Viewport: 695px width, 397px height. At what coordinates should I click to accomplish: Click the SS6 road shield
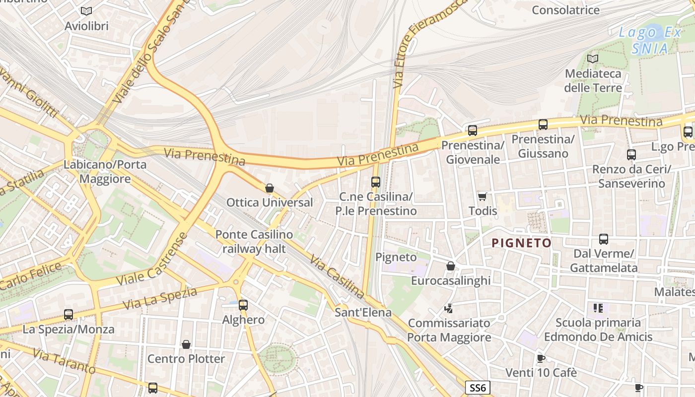coord(478,388)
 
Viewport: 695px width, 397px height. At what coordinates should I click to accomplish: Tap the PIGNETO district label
coord(521,243)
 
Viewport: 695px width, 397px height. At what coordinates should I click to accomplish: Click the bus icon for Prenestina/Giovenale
coord(472,131)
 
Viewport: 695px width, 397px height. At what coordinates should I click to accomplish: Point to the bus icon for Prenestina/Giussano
coord(543,125)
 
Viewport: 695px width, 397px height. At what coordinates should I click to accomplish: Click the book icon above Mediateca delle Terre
coord(592,59)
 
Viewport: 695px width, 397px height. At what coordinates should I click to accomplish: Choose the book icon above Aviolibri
coord(86,11)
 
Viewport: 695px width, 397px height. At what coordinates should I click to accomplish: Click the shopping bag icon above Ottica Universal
coord(270,188)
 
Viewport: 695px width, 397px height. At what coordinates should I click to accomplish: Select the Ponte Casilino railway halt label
coord(254,241)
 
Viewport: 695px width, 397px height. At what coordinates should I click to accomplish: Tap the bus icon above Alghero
coord(243,305)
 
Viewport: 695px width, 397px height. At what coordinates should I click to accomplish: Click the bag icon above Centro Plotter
coord(186,344)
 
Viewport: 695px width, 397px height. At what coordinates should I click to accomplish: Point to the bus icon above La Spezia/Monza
coord(69,314)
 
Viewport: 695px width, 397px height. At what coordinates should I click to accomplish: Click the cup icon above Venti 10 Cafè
coord(541,358)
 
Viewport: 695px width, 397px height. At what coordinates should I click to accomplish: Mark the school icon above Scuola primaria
coord(598,308)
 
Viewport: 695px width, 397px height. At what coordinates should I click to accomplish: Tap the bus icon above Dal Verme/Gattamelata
coord(604,239)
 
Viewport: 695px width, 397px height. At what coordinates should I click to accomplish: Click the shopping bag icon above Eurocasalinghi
coord(451,266)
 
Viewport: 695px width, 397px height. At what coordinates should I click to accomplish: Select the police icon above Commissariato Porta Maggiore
coord(449,309)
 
